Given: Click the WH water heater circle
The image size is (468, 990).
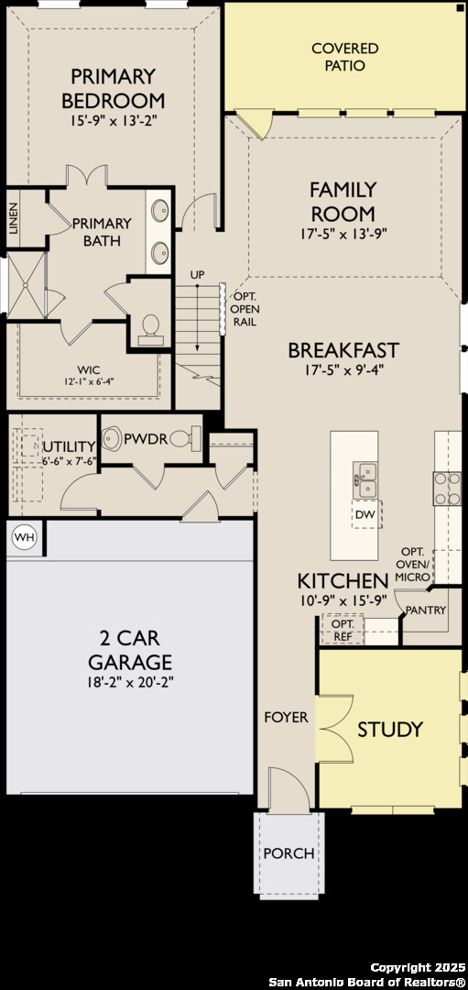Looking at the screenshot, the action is click(25, 537).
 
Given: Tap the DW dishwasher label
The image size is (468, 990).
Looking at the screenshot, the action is click(365, 514).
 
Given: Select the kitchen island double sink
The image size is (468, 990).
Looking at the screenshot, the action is click(365, 480).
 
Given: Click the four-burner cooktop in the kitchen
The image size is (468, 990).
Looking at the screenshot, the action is click(447, 488).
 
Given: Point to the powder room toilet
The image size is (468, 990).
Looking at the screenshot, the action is click(187, 437).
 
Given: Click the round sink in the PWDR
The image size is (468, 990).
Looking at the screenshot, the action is click(113, 437).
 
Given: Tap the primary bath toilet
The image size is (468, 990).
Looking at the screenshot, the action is click(151, 329).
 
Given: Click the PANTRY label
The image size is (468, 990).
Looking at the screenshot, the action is click(426, 610).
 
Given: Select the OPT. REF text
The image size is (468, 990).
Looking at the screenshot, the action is click(343, 630).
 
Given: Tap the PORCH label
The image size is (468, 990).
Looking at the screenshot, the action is click(288, 853).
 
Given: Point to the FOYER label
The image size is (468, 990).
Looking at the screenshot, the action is click(287, 717).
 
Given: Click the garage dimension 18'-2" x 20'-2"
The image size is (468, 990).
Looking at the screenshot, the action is click(131, 682).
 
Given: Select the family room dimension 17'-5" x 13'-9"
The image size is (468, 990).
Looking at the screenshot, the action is click(343, 233).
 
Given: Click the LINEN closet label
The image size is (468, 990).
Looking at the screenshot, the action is click(14, 219).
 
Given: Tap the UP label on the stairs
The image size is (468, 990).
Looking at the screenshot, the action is click(197, 276).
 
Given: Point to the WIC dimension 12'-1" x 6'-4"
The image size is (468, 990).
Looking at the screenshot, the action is click(88, 380).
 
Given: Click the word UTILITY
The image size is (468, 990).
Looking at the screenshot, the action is click(70, 447).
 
